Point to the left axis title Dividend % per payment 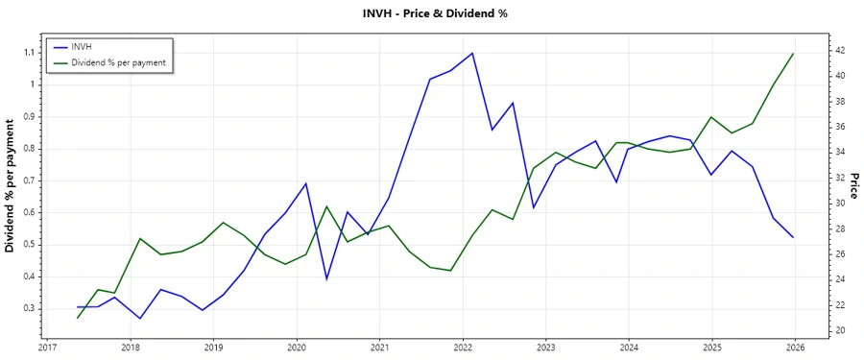pos(11,185)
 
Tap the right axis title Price pos(853,185)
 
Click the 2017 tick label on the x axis pos(47,348)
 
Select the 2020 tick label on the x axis pos(297,348)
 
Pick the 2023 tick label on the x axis pos(546,348)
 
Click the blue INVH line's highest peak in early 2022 pos(472,53)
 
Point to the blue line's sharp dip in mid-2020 pos(326,279)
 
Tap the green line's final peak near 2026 pos(793,54)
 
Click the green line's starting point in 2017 pos(78,318)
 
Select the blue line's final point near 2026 pos(793,237)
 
